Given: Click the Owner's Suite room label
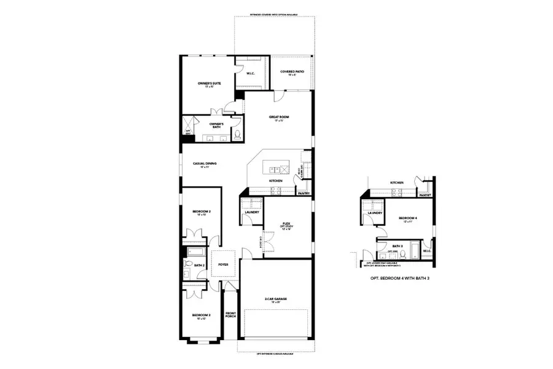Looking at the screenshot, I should tap(209, 83).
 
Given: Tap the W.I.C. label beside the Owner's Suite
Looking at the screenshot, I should tap(250, 74).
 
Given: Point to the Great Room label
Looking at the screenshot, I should tap(278, 117).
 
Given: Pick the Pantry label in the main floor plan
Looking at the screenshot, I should tap(303, 193).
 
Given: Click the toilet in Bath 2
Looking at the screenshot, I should tap(187, 266).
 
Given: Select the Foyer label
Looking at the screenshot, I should tap(223, 264).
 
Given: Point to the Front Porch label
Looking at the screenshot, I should tap(231, 314).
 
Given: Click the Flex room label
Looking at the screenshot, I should tap(286, 224).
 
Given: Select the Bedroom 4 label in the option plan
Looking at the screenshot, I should tap(407, 218).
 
